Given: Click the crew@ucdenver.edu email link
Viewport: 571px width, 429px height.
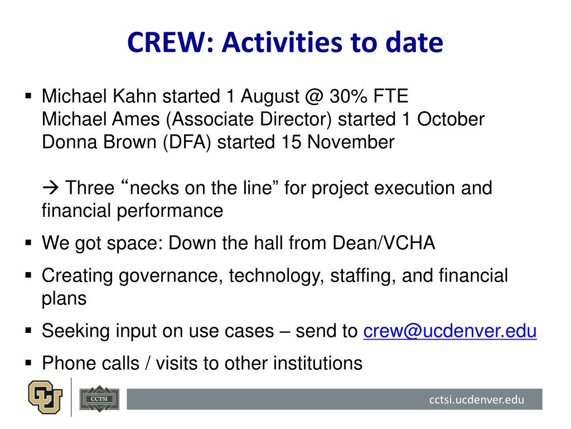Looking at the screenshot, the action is (x=450, y=331).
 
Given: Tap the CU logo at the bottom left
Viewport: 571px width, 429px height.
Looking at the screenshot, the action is (x=45, y=397).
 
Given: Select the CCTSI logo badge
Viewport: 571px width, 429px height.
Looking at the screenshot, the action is (x=99, y=399).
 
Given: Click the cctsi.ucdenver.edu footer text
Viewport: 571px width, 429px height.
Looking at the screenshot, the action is (x=477, y=399).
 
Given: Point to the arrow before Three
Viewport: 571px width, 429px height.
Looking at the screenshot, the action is (x=51, y=188).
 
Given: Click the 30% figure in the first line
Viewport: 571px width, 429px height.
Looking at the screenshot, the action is (x=349, y=96).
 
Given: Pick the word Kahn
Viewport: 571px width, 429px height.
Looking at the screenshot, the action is (x=134, y=96).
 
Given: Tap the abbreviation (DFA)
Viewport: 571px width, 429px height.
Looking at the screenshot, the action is (x=187, y=142).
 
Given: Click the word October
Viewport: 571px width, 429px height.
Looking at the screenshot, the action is (x=451, y=120).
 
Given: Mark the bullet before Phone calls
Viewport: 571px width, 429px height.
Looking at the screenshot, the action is (x=28, y=363).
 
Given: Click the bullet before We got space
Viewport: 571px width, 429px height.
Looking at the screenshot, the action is (x=28, y=243).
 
